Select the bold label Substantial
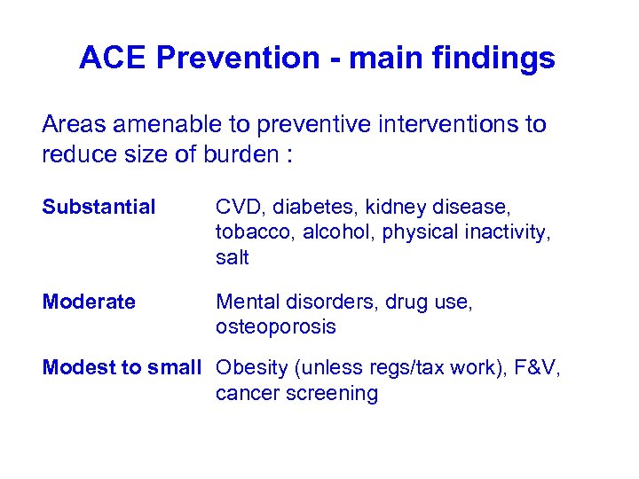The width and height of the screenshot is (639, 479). tap(99, 208)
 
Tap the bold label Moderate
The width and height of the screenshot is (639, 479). tap(89, 302)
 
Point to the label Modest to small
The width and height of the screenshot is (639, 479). tap(122, 368)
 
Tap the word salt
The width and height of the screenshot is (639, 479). tap(232, 258)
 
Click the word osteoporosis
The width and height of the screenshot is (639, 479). tap(275, 327)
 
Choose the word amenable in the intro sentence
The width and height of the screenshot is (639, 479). tap(157, 125)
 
